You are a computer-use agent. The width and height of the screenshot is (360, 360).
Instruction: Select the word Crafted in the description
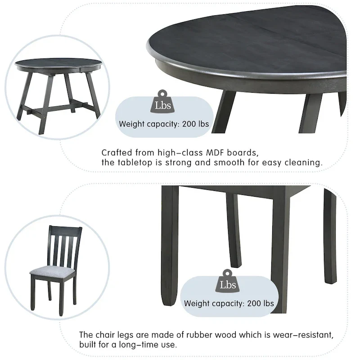pyautogui.click(x=116, y=153)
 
